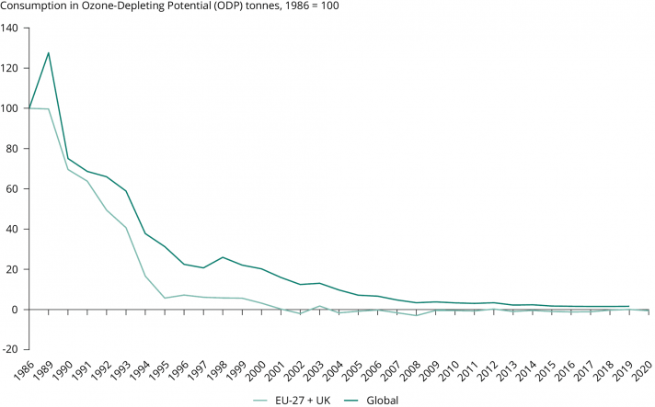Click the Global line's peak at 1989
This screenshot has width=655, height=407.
[48, 52]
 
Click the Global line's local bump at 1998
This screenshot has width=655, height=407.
[223, 257]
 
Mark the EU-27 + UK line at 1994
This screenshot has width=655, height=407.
[145, 277]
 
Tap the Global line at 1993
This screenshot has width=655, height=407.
[126, 191]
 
